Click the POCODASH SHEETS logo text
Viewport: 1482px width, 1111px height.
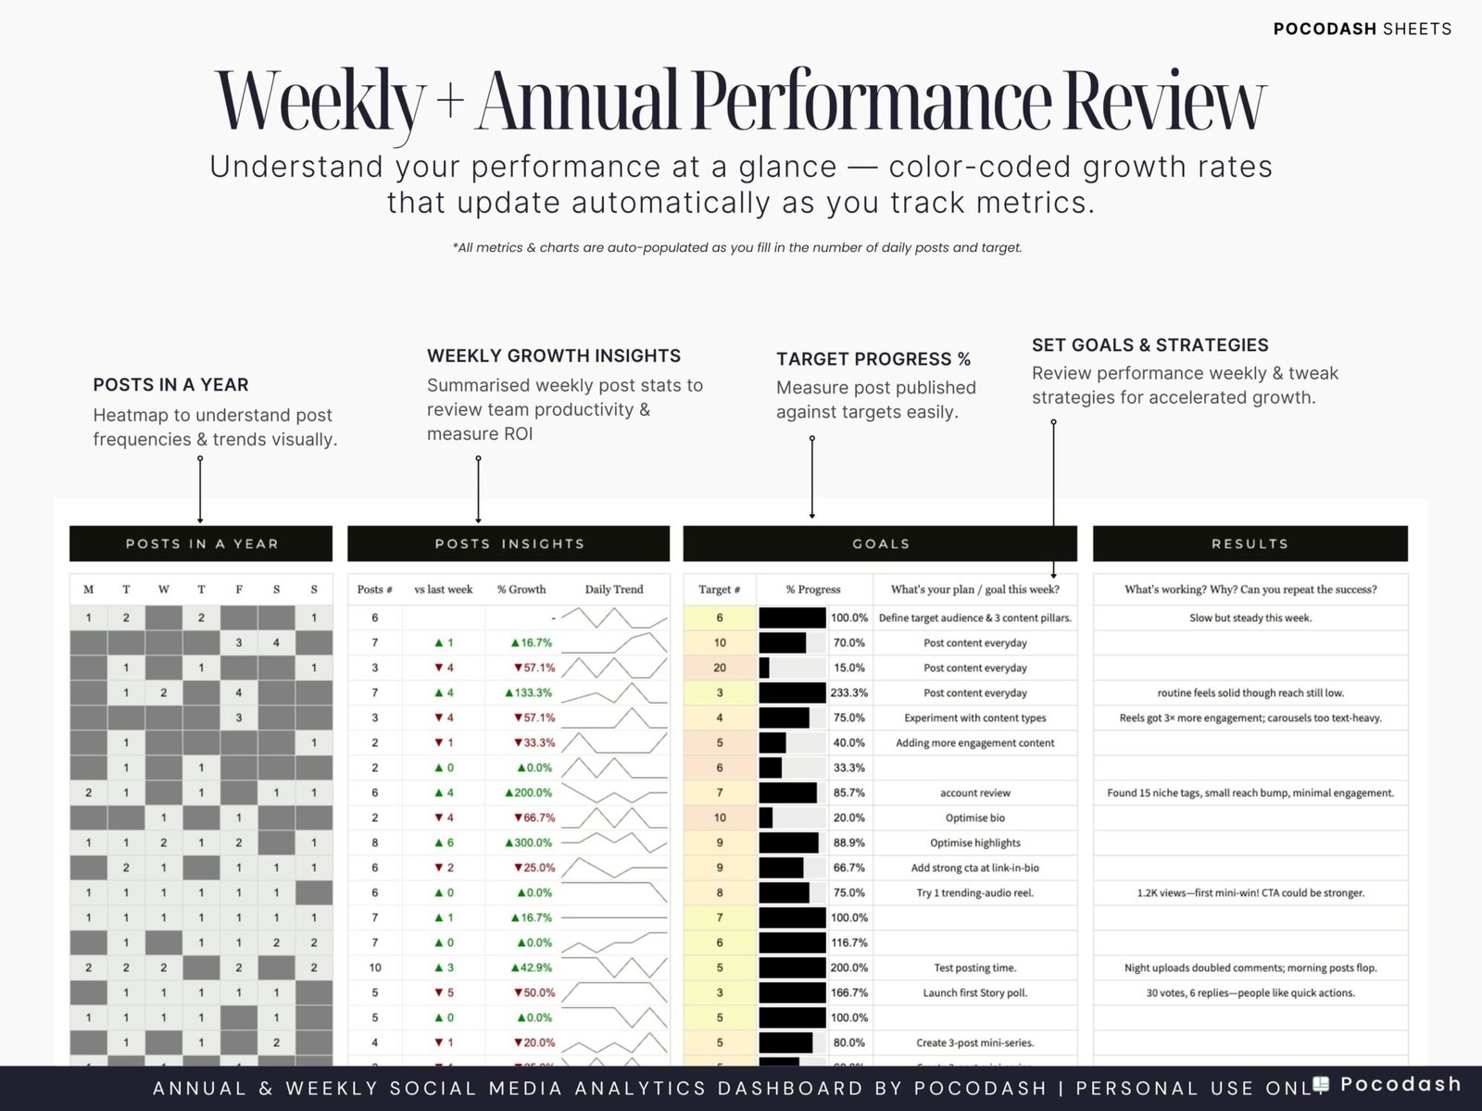[1362, 29]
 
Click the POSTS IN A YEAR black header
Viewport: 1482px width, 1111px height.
[201, 543]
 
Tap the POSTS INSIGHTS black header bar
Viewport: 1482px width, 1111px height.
[509, 543]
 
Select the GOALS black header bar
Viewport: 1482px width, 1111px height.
[880, 543]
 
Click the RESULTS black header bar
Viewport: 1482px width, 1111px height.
[1250, 543]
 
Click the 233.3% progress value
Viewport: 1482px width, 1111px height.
[848, 693]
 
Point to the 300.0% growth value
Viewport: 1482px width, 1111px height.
[529, 843]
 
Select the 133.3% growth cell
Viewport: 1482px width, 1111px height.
[529, 693]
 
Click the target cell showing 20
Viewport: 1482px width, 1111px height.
[720, 668]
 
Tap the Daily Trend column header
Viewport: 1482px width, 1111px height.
[613, 589]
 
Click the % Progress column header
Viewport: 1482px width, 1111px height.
[813, 589]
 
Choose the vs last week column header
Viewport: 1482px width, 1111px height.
[443, 589]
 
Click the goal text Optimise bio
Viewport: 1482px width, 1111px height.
[974, 818]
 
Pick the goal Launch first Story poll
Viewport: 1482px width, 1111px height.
[974, 992]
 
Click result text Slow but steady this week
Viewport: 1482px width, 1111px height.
[1250, 618]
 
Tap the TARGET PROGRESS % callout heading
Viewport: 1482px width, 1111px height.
[873, 359]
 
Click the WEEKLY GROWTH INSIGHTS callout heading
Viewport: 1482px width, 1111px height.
[554, 356]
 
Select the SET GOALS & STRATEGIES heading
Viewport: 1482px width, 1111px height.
[1149, 344]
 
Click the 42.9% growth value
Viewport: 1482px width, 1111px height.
[532, 967]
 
